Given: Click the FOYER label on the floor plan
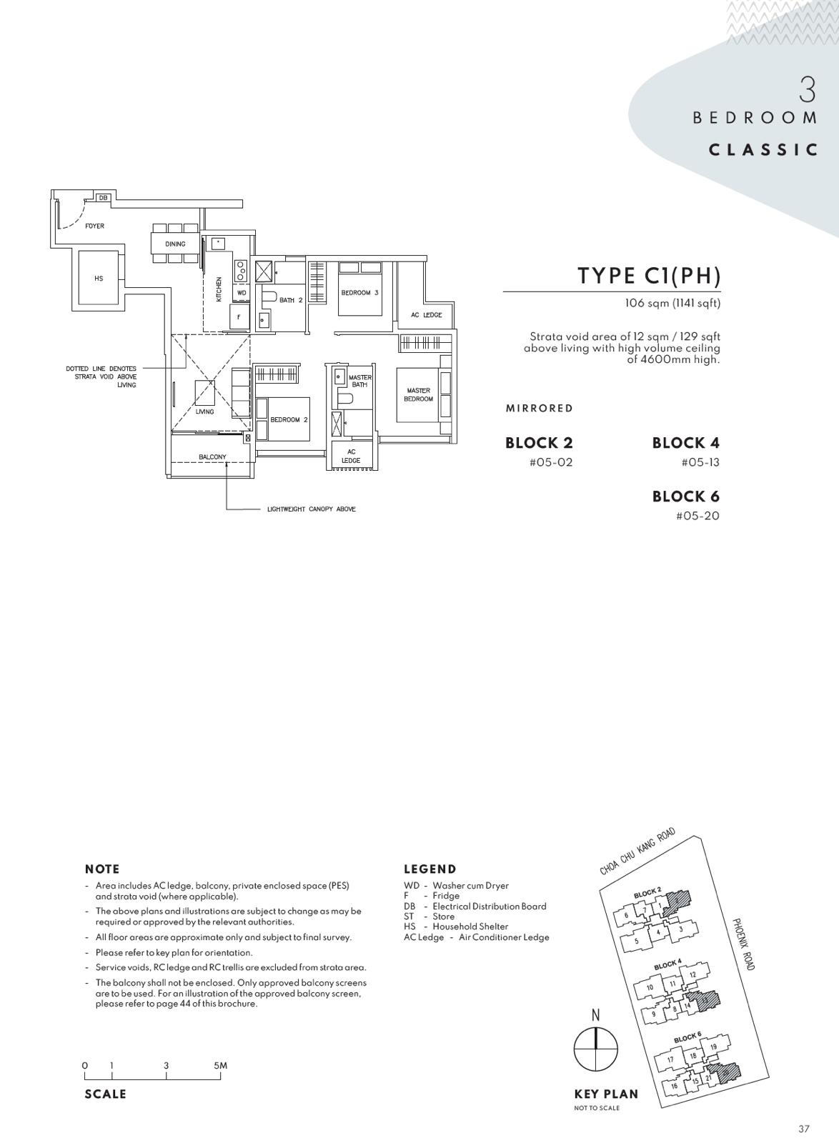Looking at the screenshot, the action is [94, 226].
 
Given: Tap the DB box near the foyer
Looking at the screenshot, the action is [103, 197].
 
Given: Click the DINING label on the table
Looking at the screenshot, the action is [175, 244].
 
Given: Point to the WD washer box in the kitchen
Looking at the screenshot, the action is [242, 293].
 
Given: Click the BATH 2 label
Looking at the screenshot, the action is [291, 300].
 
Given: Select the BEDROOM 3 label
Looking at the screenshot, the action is [359, 293].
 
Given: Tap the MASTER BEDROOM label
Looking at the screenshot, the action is [419, 394].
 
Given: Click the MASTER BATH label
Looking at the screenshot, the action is [359, 381].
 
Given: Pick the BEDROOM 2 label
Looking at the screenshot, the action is [289, 419].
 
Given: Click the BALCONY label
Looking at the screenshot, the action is [212, 456].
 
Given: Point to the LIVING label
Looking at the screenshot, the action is [204, 411].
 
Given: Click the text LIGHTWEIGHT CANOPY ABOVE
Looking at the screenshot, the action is [312, 509].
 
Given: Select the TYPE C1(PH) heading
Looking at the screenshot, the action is [649, 276].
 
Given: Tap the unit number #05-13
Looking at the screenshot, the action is [700, 462].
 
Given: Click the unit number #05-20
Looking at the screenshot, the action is [697, 515].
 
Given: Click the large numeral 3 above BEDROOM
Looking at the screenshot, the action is [808, 90].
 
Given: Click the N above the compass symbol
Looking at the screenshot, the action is [595, 1015].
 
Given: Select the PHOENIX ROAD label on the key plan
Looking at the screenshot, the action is [743, 944].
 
